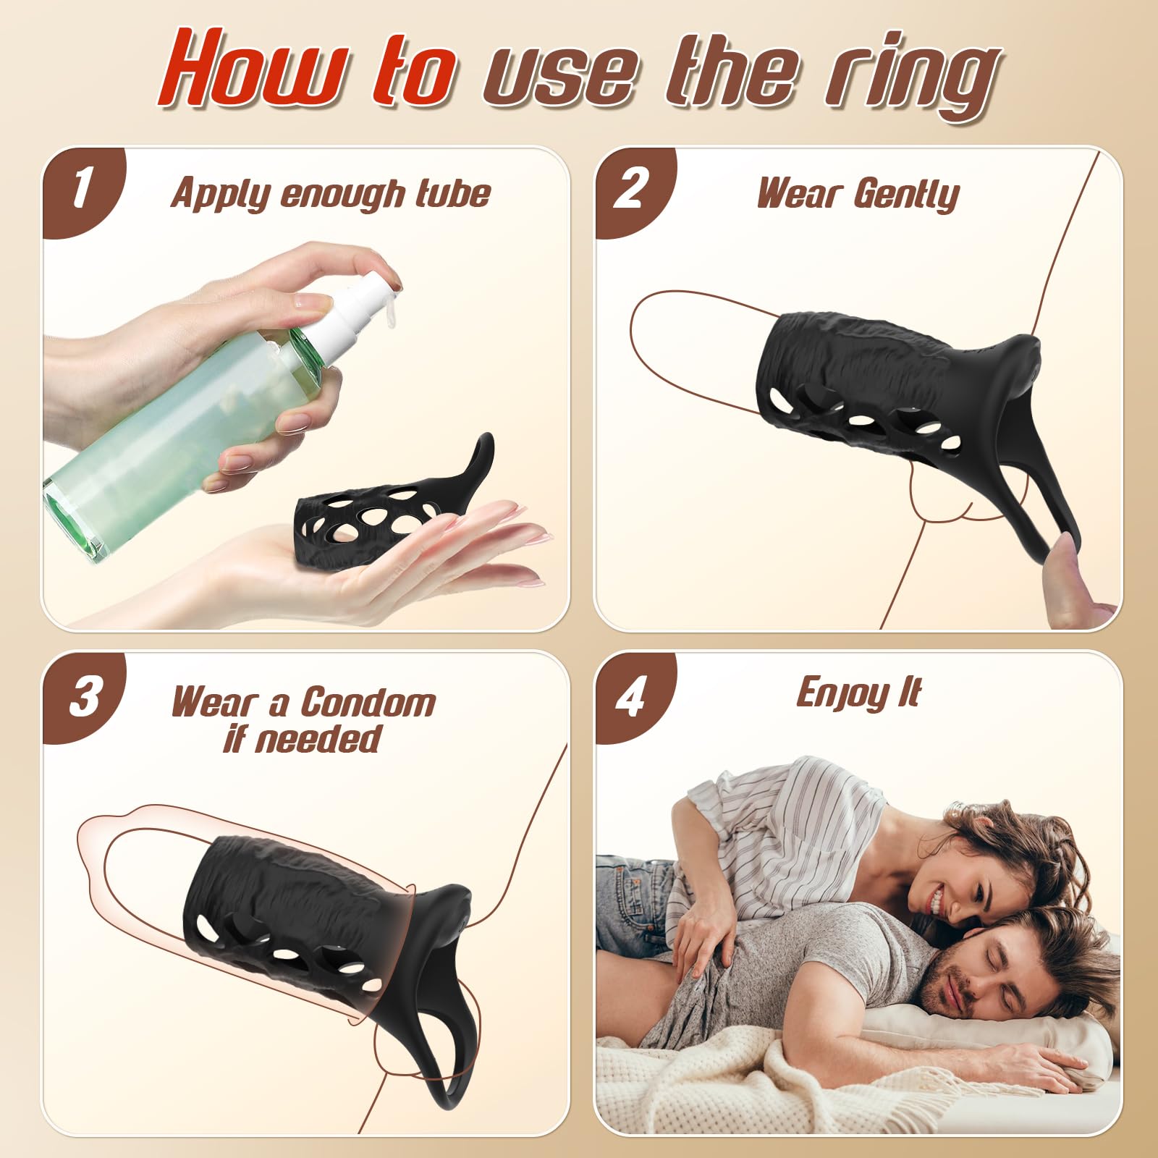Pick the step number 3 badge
coord(84,696)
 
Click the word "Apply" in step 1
coord(220,194)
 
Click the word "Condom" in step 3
coord(368,703)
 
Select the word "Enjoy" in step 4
coord(842,693)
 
